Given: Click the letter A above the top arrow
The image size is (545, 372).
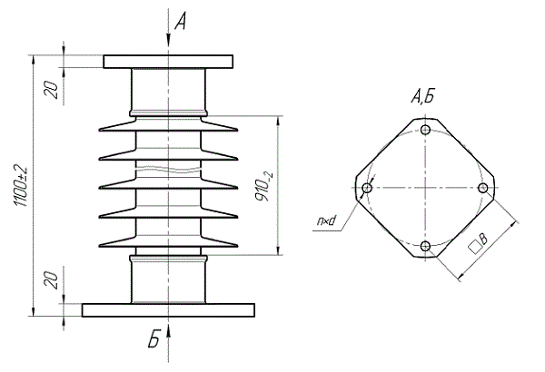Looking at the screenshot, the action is pos(181,21).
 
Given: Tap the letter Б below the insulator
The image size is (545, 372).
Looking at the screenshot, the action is pos(154,339).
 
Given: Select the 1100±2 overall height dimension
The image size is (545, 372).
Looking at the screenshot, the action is pos(22,185).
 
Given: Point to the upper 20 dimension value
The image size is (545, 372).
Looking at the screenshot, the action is pos(52,90).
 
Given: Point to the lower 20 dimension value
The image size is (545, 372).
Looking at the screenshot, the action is pos(52,280).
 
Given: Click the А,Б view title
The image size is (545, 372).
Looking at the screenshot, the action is pos(423,96).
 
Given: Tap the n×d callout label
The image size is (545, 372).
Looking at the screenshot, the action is pos(326,220).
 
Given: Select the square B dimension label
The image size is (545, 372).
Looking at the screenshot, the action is pos(479,243).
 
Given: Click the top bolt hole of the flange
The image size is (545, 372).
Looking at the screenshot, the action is pos(425,130).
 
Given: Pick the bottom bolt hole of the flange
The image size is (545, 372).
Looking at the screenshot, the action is pos(425,246).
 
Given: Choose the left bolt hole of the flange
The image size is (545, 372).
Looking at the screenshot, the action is pos(367,188).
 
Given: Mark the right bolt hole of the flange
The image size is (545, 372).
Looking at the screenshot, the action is pos(483,188).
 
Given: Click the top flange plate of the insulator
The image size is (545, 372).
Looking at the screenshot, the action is pos(168,62).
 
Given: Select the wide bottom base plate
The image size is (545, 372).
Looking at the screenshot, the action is pos(168,310).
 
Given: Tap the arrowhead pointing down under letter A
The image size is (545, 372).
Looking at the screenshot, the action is pos(168,39).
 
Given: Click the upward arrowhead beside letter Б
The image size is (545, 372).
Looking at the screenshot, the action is pos(168,332).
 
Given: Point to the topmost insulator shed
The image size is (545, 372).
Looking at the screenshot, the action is pos(168,124).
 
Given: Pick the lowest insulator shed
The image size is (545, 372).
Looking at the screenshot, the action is pos(168,240).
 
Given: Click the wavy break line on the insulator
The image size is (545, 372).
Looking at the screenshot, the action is pos(168,170).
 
